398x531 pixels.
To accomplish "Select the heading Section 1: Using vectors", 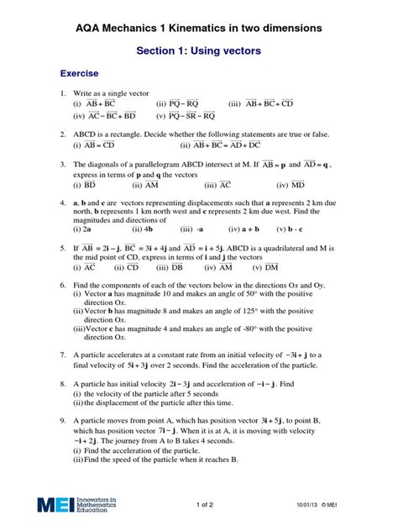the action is [x=199, y=51].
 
